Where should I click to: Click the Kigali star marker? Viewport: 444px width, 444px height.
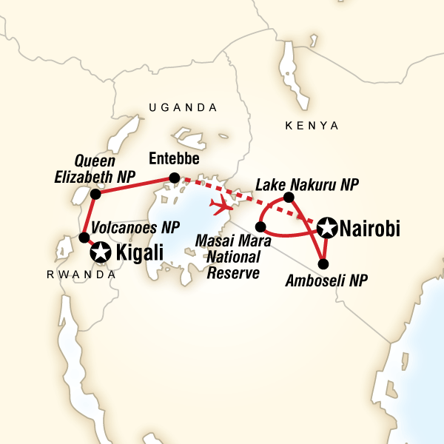pyautogui.click(x=99, y=254)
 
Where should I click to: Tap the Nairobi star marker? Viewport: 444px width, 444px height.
pyautogui.click(x=326, y=228)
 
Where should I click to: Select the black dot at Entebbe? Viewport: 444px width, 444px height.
pyautogui.click(x=174, y=178)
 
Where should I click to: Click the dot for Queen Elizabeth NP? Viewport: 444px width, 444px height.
pyautogui.click(x=95, y=194)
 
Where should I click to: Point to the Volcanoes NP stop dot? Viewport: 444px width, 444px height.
pyautogui.click(x=84, y=238)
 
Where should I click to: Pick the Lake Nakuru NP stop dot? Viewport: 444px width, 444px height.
pyautogui.click(x=289, y=197)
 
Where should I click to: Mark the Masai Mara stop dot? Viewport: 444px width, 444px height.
pyautogui.click(x=260, y=226)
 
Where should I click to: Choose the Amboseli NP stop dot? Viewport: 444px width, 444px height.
pyautogui.click(x=323, y=263)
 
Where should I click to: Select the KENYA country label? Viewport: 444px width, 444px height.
pyautogui.click(x=312, y=126)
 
